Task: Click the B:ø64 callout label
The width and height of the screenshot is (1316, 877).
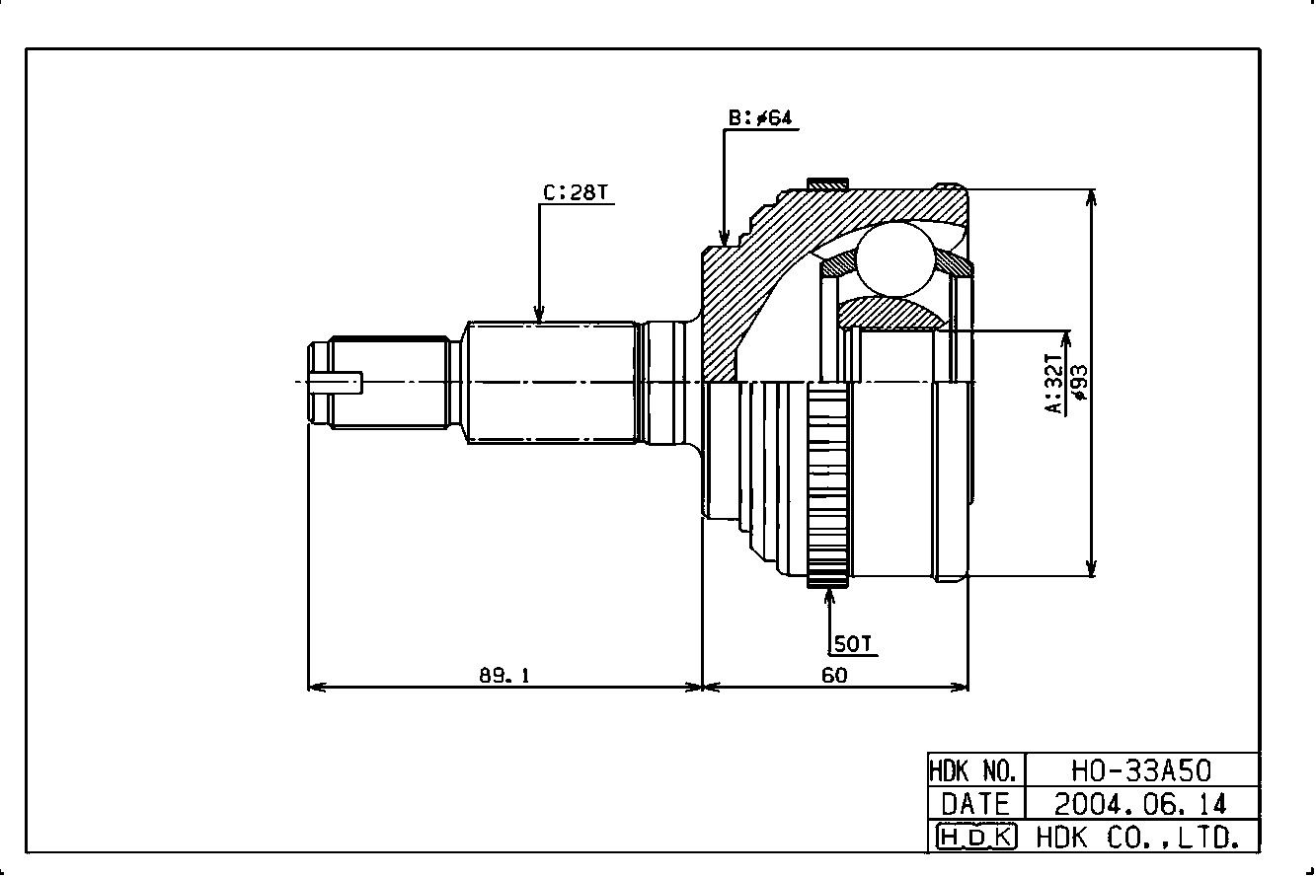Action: click(759, 118)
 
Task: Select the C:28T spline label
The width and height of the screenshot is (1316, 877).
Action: click(576, 192)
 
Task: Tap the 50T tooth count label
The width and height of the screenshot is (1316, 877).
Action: click(853, 644)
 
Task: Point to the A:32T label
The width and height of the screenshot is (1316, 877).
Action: click(1054, 384)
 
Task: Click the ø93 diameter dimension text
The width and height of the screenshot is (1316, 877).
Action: click(1080, 382)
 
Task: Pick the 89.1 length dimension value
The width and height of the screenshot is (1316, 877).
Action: click(504, 676)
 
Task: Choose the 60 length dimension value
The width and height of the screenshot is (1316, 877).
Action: click(834, 676)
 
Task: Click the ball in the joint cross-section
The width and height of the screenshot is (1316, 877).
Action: click(894, 258)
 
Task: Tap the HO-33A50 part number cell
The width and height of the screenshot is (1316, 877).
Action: click(1141, 770)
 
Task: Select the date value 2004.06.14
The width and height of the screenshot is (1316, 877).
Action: click(1141, 804)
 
